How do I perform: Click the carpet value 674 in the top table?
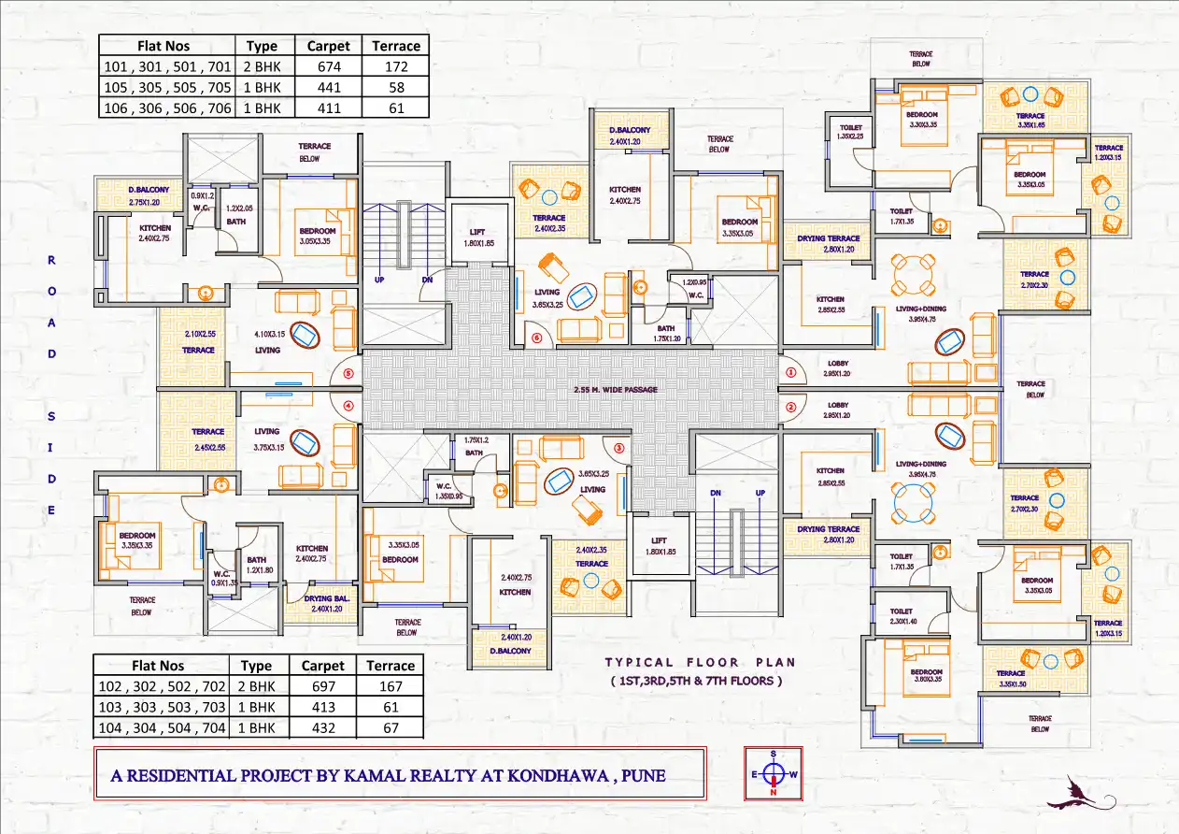point(328,66)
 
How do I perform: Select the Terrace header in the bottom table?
point(391,666)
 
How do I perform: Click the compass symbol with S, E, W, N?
point(774,773)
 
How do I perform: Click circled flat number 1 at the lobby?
point(790,372)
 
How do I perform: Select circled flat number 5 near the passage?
point(348,373)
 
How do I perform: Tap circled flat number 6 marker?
point(537,338)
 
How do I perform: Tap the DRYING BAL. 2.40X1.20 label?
point(330,602)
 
